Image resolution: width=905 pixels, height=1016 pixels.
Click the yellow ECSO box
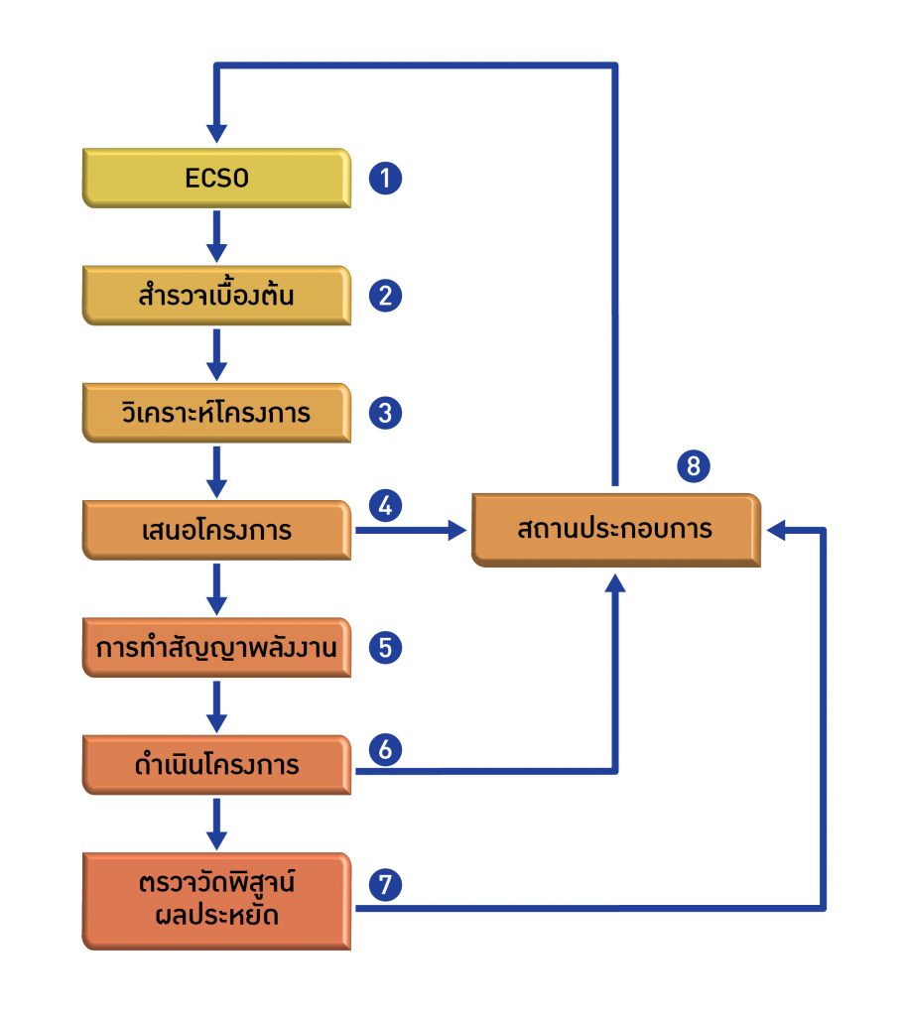(216, 179)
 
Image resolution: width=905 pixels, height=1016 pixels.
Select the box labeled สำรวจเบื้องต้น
(216, 296)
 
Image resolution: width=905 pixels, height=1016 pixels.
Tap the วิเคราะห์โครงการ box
(216, 413)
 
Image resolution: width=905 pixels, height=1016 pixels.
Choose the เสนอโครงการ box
(216, 531)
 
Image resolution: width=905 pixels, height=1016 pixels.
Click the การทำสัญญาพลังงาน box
(216, 648)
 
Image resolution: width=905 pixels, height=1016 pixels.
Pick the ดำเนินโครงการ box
(216, 766)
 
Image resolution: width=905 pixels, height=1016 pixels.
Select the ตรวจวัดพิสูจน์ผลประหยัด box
(216, 899)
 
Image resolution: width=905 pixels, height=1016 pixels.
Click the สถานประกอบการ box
(615, 530)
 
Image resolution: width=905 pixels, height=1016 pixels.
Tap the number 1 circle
(385, 180)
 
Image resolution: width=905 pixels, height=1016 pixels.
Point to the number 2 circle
(385, 296)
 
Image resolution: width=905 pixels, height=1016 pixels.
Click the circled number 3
(385, 413)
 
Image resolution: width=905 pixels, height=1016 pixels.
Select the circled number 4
(385, 506)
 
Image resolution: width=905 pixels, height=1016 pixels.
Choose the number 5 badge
(385, 648)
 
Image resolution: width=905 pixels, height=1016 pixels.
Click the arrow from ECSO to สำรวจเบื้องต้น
(216, 237)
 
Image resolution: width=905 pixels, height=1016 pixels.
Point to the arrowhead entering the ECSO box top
(216, 135)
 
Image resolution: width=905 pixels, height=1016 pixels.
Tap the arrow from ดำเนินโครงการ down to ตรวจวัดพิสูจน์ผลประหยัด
(216, 823)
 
